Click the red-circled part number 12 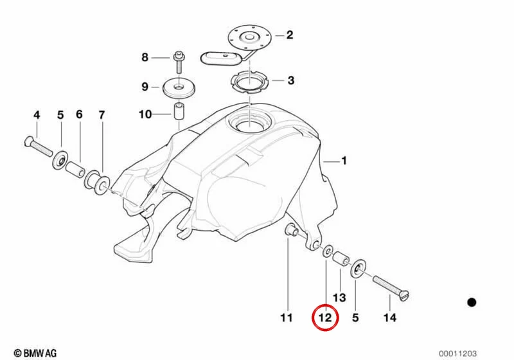(x=325, y=318)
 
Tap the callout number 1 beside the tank (x=344, y=161)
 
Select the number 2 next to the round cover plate (x=290, y=35)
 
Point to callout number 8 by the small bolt (x=145, y=57)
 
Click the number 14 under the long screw (x=390, y=318)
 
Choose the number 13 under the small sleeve (x=339, y=298)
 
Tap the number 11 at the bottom (x=286, y=318)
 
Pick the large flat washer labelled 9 (x=179, y=88)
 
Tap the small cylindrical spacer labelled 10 (x=179, y=112)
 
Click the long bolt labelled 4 (x=39, y=146)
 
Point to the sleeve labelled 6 (x=75, y=169)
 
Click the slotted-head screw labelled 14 (x=391, y=288)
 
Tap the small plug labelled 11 (x=291, y=230)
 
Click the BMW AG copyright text (x=35, y=353)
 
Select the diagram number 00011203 (x=457, y=354)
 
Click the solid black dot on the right (x=472, y=302)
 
